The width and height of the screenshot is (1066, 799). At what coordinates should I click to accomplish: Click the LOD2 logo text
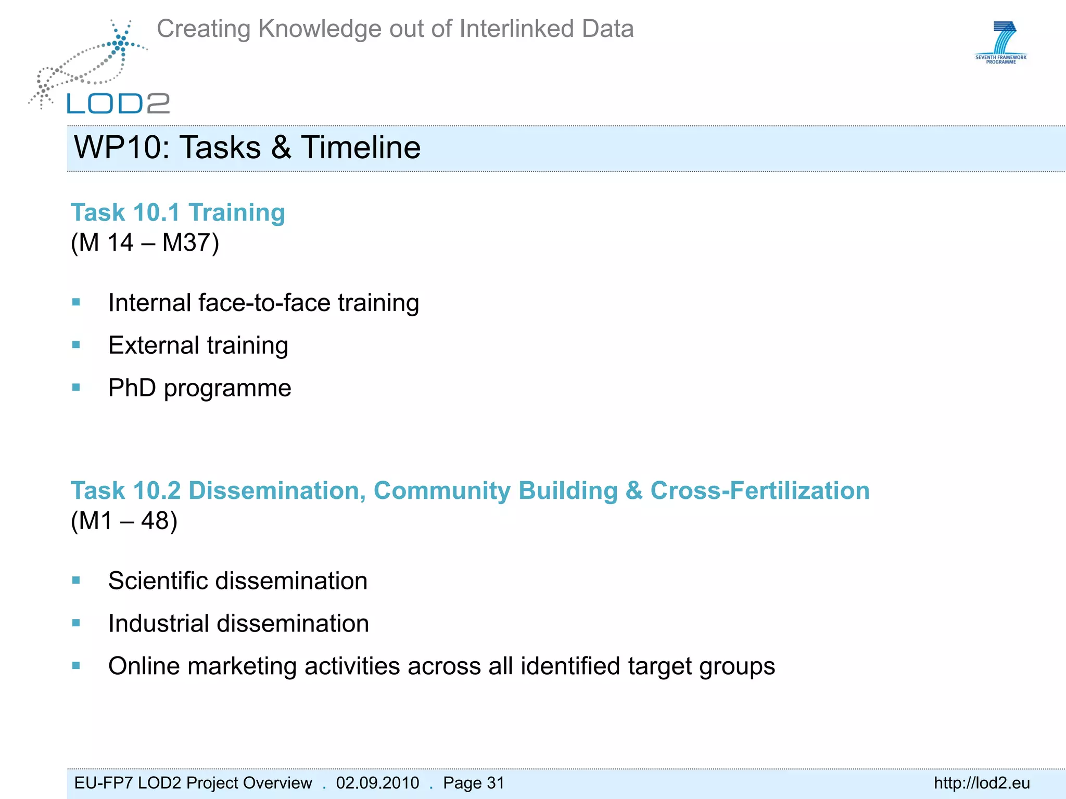[x=118, y=104]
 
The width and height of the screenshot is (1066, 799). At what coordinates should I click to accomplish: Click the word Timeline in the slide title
[x=361, y=148]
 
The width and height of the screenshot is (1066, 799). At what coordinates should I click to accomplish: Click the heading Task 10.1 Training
[x=178, y=213]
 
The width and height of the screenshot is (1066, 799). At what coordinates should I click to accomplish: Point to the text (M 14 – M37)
[x=145, y=243]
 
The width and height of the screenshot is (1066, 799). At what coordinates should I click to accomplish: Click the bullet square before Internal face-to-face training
[x=77, y=302]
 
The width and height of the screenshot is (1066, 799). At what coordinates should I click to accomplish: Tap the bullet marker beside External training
[x=77, y=345]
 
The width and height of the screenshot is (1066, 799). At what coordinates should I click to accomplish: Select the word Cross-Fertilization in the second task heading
[x=760, y=491]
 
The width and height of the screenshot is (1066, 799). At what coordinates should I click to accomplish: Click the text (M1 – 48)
[x=124, y=521]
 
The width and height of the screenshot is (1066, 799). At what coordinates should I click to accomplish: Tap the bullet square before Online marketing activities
[x=77, y=665]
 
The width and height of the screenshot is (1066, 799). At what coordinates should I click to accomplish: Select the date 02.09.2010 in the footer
[x=377, y=783]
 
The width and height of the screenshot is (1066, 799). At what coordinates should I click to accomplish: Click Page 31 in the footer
[x=474, y=783]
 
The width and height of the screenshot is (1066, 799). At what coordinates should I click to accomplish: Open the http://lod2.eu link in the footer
[x=982, y=783]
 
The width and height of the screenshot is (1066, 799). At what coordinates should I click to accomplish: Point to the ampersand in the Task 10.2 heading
[x=634, y=491]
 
